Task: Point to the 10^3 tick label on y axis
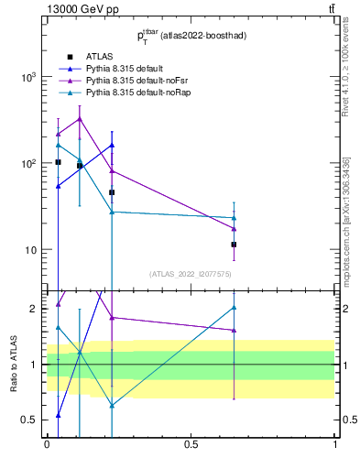pyautogui.click(x=27, y=78)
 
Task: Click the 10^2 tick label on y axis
pyautogui.click(x=27, y=164)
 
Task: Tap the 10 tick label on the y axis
pyautogui.click(x=30, y=250)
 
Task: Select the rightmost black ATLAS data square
pyautogui.click(x=235, y=245)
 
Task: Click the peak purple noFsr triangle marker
pyautogui.click(x=80, y=118)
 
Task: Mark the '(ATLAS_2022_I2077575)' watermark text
pyautogui.click(x=191, y=273)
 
